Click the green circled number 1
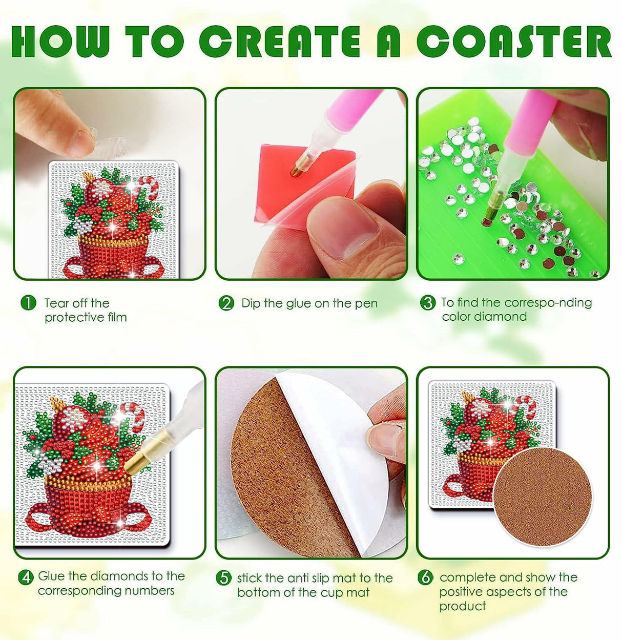coord(29,303)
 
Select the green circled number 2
coord(226,303)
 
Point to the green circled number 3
coord(427,303)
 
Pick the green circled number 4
coord(26,577)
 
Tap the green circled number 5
coord(223,579)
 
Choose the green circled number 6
coord(425,577)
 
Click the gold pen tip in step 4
coord(137,461)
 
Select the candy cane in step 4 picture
coord(131,415)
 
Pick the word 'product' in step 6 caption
coord(462,606)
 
